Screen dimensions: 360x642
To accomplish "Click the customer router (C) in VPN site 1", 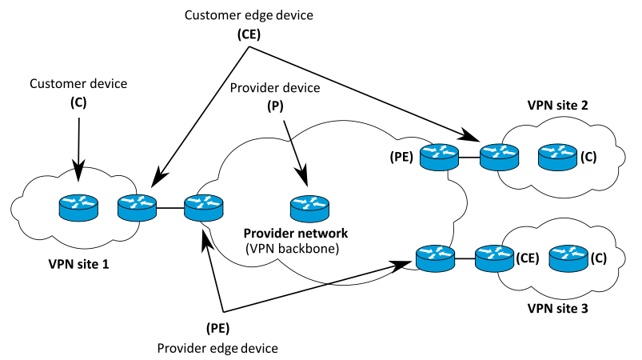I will tap(78, 208).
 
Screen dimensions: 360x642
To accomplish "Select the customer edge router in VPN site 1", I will tap(137, 208).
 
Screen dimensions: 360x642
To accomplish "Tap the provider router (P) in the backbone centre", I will tap(308, 208).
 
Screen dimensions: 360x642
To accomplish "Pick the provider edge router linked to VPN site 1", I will tap(203, 208).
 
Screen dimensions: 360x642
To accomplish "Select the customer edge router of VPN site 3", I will tap(493, 258).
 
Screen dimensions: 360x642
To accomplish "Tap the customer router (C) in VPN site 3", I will tap(570, 258).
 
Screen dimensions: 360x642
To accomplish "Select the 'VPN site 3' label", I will tap(557, 309).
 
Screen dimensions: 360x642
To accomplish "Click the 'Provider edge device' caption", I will tap(218, 348).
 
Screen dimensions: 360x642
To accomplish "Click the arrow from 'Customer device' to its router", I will tap(78, 144).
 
